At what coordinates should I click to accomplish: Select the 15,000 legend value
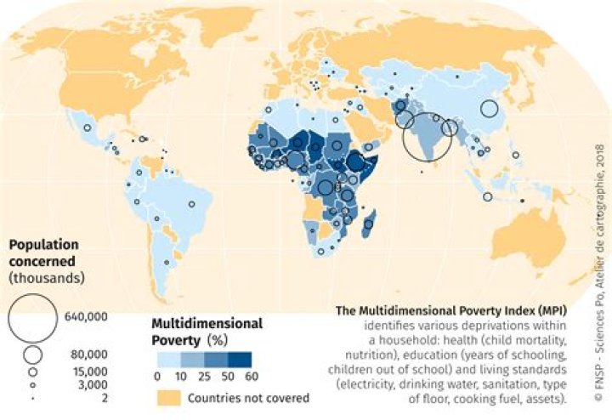86,372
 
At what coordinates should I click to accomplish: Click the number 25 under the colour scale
205,375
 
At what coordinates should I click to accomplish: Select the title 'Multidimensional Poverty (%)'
207,332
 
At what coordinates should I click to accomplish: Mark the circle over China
489,108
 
